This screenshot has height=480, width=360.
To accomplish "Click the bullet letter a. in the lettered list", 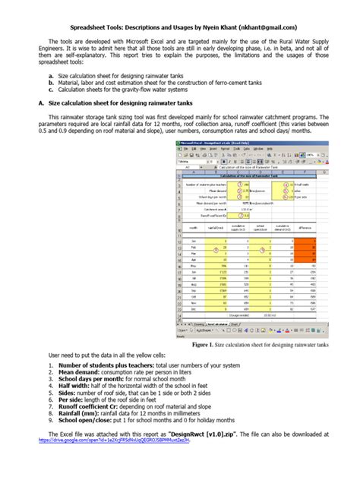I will pos(50,77).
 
